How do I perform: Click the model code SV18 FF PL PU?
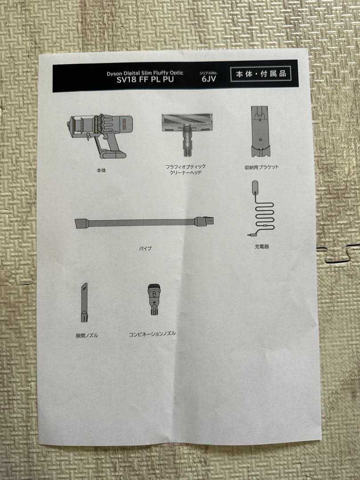tap(145, 80)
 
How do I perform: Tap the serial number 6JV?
tap(209, 79)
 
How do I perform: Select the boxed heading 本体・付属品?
tap(261, 74)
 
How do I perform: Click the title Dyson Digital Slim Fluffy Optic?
tap(145, 73)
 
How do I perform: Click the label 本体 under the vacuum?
tap(101, 171)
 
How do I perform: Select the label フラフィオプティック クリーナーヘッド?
tap(185, 169)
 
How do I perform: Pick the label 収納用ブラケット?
tap(262, 167)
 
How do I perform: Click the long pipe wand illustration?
tap(144, 222)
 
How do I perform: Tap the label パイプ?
tap(145, 248)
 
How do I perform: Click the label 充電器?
tap(262, 246)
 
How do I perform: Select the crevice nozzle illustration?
tap(84, 302)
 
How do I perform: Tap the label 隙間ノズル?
tap(87, 336)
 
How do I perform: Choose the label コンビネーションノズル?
tap(152, 334)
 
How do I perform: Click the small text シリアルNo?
tap(208, 73)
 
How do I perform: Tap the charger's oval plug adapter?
tap(255, 187)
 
